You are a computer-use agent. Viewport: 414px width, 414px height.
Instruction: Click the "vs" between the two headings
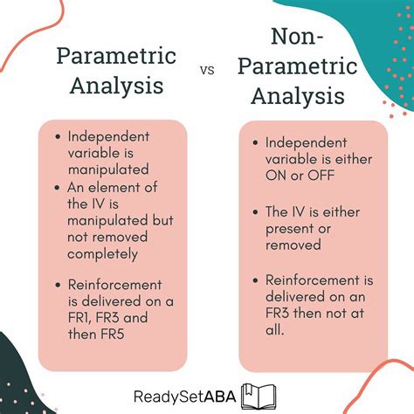point(208,71)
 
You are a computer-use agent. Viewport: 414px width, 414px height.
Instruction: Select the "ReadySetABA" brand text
point(183,395)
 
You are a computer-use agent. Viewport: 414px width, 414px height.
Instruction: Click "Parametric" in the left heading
point(116,57)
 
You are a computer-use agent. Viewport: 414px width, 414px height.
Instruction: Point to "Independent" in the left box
point(109,137)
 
